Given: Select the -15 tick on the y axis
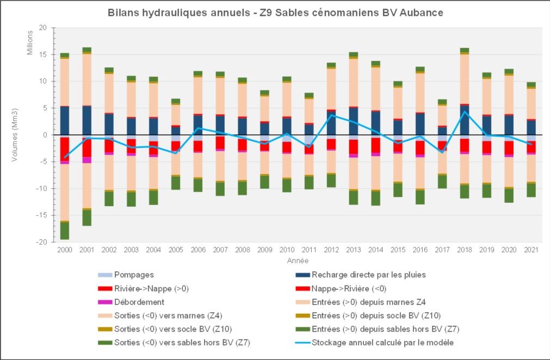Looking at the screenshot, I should click(x=42, y=215).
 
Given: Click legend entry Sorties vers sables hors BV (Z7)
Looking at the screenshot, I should click(x=175, y=343).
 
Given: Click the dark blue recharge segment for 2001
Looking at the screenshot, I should click(x=87, y=120).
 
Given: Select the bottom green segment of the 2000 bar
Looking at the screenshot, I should click(x=64, y=231).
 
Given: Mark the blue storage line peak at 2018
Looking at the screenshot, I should click(x=464, y=111).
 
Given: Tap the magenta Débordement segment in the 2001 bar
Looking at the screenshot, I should click(x=87, y=160).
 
